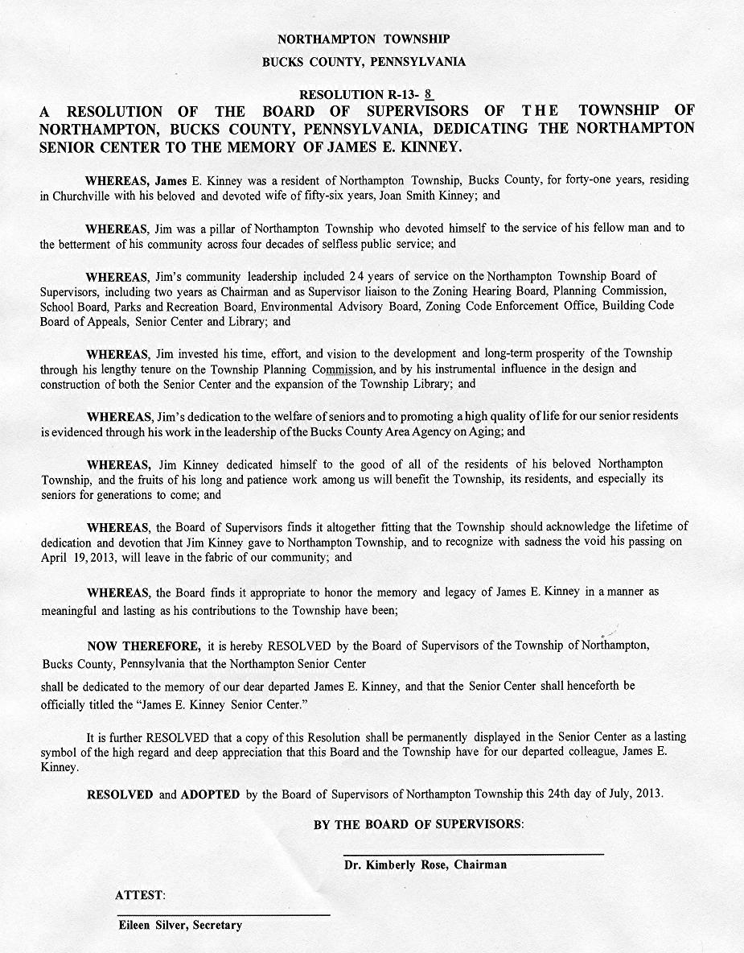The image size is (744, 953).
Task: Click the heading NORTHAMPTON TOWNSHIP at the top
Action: point(364,39)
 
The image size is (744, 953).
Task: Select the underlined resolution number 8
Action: point(429,94)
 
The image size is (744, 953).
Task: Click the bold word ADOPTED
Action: point(210,794)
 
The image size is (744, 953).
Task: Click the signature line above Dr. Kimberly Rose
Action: point(473,853)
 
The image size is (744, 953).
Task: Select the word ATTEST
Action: point(141,895)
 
